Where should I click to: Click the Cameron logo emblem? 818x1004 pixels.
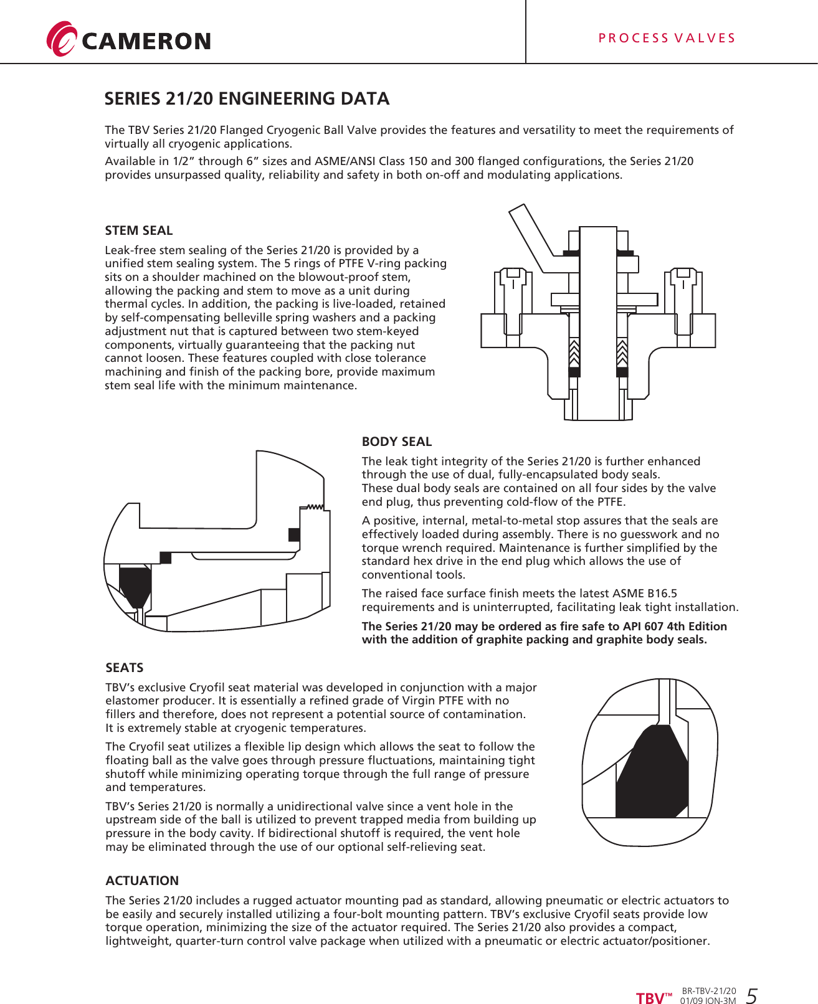coord(61,39)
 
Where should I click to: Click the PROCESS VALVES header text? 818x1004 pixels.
coord(667,38)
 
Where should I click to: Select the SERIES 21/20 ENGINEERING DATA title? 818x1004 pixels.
coord(247,99)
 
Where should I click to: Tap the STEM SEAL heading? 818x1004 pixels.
coord(138,230)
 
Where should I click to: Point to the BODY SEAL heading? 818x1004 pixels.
coord(396,442)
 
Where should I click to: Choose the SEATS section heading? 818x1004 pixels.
coord(124,668)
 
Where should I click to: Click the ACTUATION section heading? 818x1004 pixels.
coord(142,881)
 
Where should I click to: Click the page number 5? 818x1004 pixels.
coord(751,996)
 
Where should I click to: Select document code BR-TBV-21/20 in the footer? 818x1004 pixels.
coord(708,991)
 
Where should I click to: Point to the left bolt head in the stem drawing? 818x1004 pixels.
coord(513,273)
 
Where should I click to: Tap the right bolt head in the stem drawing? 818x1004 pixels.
coord(683,273)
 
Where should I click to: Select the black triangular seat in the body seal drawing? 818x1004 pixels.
coord(135,586)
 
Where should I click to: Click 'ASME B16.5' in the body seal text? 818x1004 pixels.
coord(646,594)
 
